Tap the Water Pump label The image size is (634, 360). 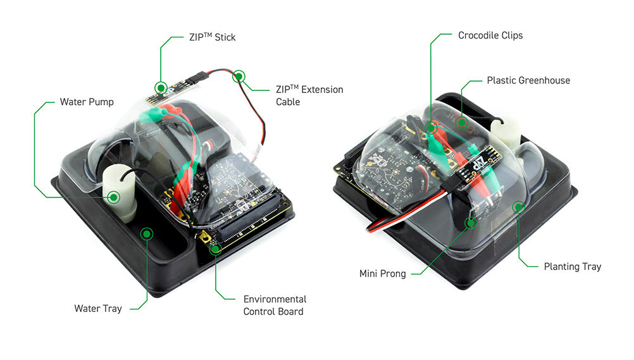tap(87, 101)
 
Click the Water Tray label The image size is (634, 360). tap(97, 309)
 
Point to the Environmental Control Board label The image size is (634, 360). tap(275, 305)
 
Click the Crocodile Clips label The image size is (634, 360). tap(490, 35)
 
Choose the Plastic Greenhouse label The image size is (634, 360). tap(528, 80)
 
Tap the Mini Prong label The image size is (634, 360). tap(382, 273)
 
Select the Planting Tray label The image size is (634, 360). tap(572, 266)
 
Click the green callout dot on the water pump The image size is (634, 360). tap(114, 197)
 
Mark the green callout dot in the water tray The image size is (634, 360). tap(147, 234)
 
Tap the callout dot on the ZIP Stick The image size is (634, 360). tap(161, 87)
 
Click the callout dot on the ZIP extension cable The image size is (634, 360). tap(239, 77)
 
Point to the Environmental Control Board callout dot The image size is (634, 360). tap(215, 248)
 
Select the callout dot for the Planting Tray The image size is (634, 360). tap(518, 206)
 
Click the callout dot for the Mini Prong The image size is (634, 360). tap(470, 223)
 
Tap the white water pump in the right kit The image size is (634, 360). tap(506, 133)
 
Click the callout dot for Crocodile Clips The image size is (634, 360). tap(432, 128)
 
